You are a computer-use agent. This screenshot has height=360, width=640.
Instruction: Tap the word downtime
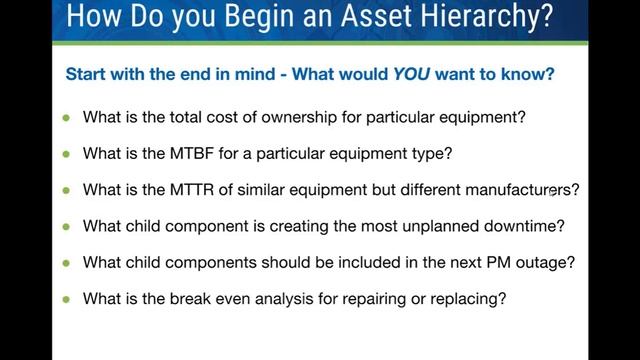point(526,226)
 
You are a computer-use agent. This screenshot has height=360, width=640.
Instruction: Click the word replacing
point(473,298)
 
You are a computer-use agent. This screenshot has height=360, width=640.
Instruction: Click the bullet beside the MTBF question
point(67,154)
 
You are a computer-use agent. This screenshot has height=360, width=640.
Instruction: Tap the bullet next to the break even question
point(67,298)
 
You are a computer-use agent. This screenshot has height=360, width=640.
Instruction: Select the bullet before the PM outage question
point(67,262)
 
